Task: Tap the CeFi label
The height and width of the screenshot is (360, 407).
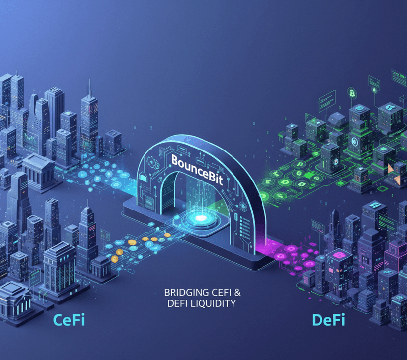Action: [69, 321]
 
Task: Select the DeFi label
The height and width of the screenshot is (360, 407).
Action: [328, 321]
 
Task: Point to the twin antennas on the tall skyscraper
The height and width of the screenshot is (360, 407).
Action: [89, 89]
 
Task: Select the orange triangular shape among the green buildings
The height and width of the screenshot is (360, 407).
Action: [392, 169]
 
